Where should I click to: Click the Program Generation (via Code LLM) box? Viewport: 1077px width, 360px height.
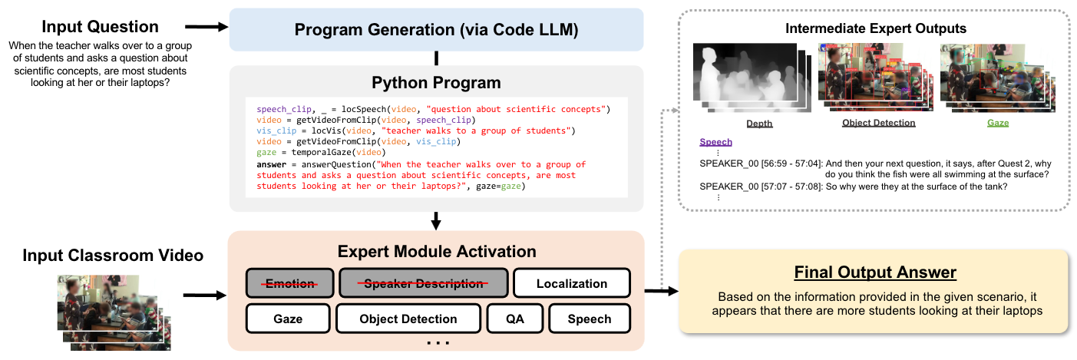coord(435,30)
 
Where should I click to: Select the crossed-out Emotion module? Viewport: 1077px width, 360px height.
coord(290,284)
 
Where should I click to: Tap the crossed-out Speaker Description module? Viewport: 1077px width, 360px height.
coord(424,284)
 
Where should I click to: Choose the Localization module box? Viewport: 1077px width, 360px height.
coord(571,284)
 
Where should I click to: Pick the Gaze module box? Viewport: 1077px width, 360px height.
coord(287,319)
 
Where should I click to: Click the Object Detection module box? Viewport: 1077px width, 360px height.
coord(408,319)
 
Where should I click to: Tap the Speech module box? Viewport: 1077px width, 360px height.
coord(589,319)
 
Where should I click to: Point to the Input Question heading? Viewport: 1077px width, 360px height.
coord(100,27)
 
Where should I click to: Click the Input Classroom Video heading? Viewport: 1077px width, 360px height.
coord(113,255)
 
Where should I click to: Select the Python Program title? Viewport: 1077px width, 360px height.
coord(435,82)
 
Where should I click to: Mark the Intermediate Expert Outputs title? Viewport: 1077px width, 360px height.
coord(875,29)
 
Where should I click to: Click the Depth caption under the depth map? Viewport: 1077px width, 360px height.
coord(759,123)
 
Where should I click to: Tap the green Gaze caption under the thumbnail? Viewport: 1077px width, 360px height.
coord(998,123)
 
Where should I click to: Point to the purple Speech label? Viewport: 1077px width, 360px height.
coord(715,142)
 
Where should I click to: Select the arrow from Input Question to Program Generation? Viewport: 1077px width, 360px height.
coord(207,27)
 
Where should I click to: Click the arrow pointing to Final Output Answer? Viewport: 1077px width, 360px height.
coord(660,291)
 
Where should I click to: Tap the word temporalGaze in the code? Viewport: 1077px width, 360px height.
coord(316,153)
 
